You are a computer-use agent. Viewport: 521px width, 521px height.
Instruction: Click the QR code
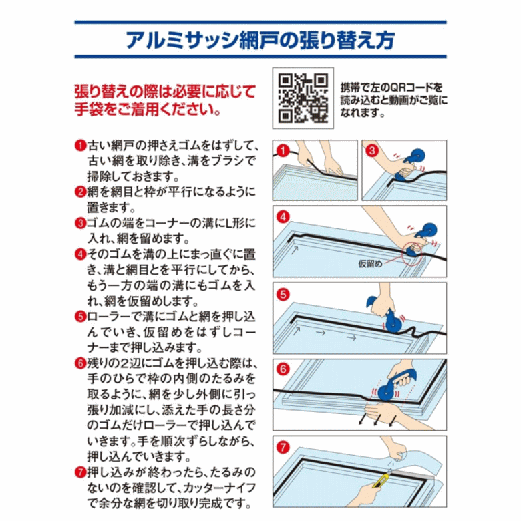coord(303,98)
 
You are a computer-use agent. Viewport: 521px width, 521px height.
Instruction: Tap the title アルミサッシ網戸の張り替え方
coord(260,41)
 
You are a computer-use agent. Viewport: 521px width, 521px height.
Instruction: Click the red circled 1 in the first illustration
coord(283,151)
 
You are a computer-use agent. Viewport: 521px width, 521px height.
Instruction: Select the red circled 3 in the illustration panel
coord(372,150)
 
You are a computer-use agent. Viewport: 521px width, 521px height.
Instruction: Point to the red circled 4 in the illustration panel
coord(283,217)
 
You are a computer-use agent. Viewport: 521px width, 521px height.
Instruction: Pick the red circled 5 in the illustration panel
coord(283,295)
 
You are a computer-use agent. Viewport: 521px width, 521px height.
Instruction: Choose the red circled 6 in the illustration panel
coord(283,369)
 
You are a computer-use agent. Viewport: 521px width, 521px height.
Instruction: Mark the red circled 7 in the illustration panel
coord(283,447)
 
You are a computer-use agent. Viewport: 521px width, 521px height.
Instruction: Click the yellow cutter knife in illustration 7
coord(381,479)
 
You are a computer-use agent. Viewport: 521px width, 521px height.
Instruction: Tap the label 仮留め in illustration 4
coord(370,264)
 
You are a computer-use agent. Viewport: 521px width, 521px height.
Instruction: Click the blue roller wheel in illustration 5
coord(393,323)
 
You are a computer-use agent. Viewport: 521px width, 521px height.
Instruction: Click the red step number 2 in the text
coord(80,192)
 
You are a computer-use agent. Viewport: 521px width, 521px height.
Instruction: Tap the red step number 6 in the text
coord(80,363)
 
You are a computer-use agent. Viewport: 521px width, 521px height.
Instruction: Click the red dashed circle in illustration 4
coord(411,254)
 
